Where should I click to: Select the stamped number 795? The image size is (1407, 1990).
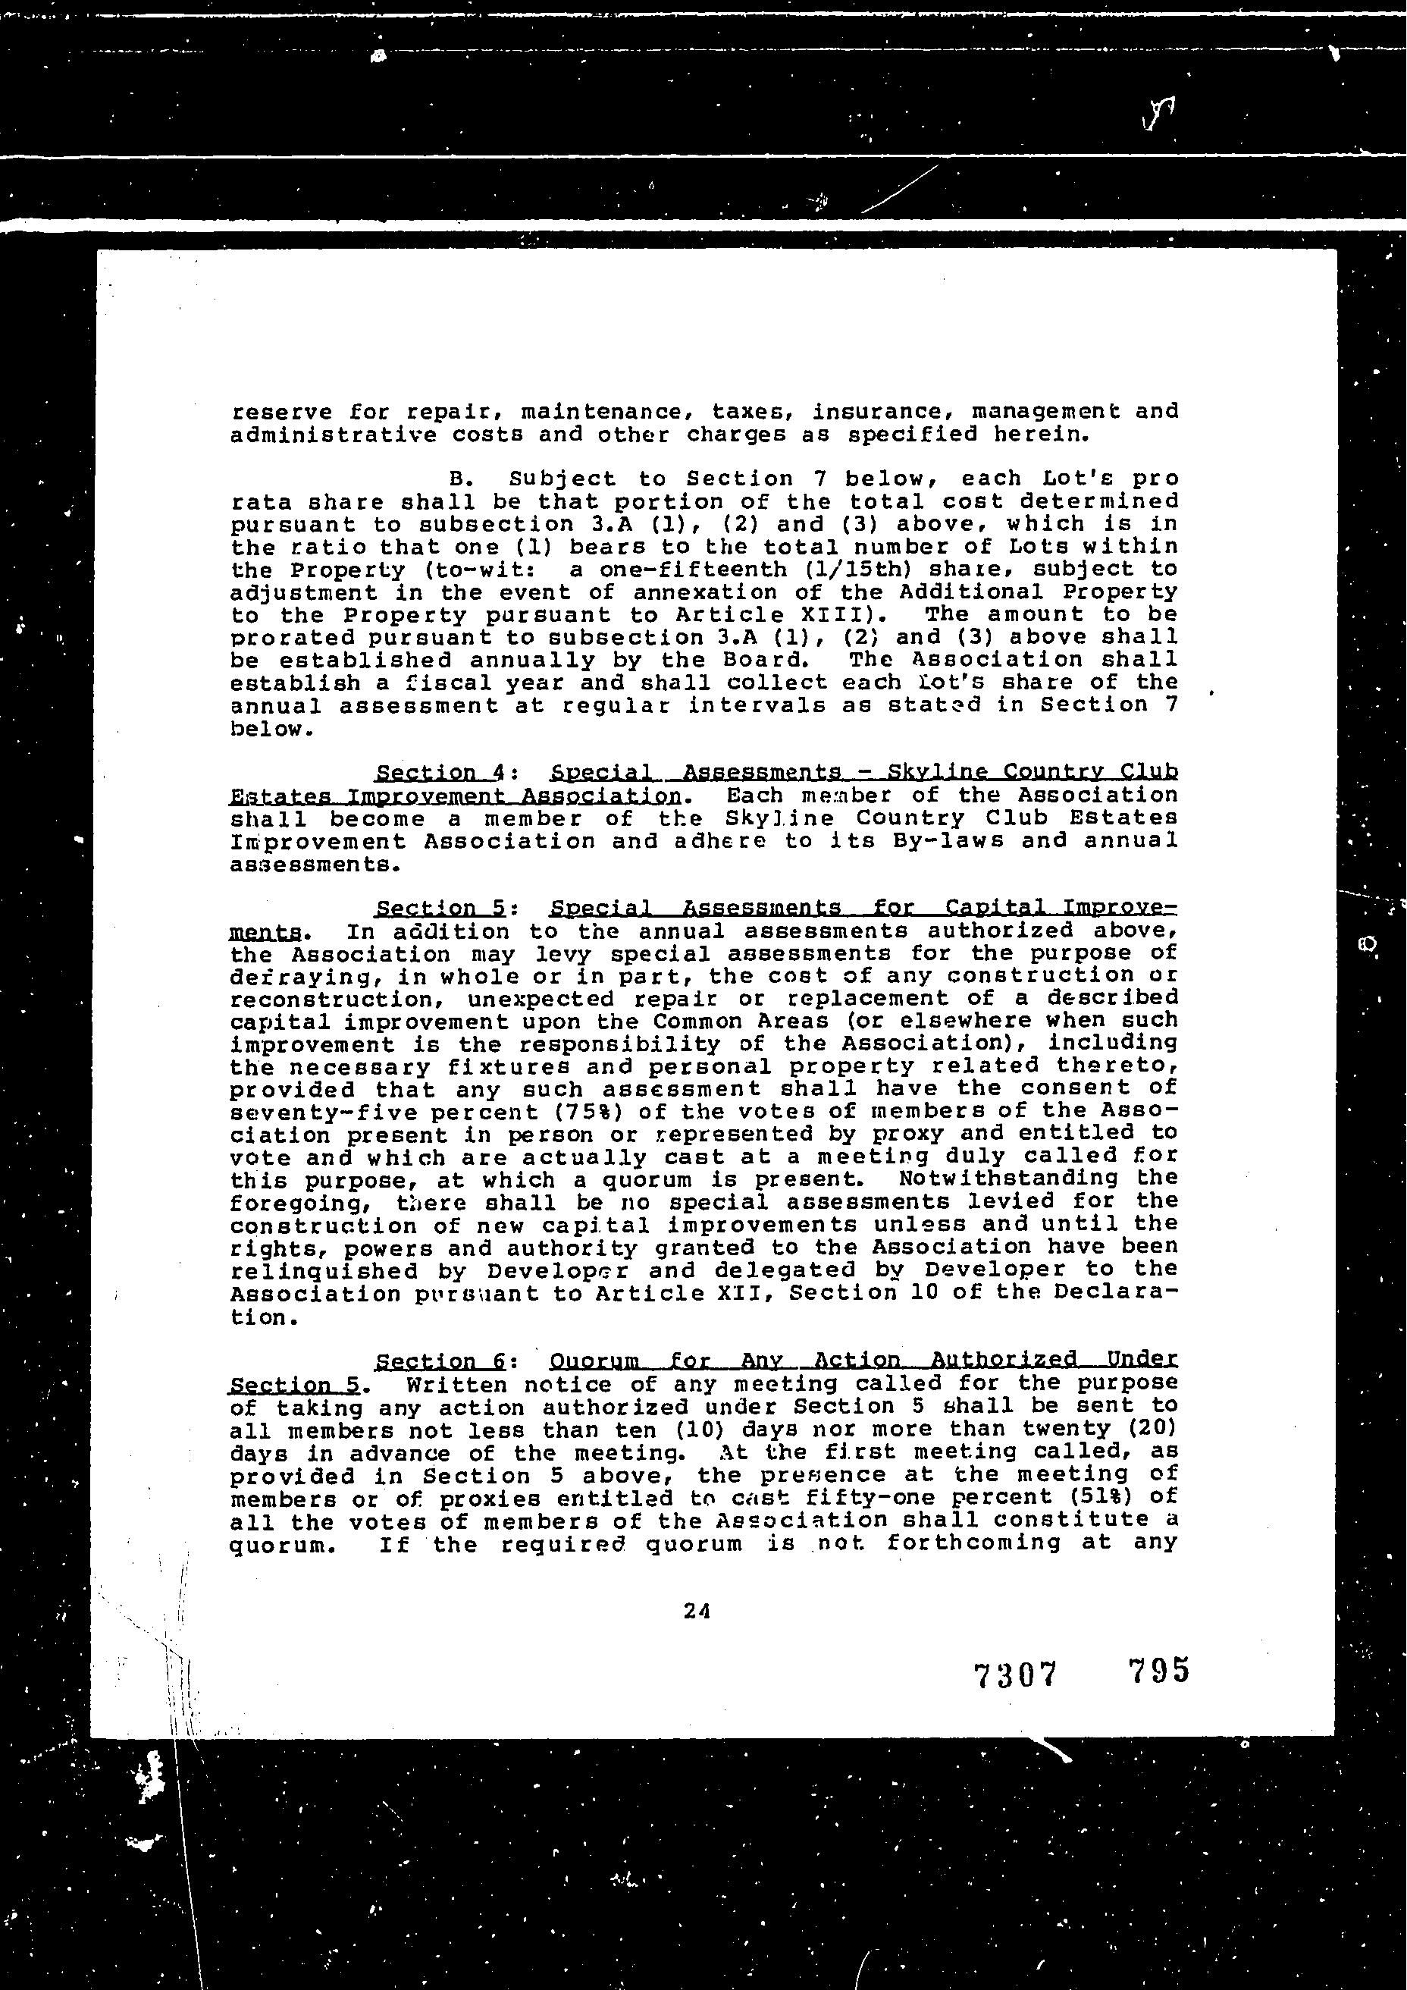(1159, 1670)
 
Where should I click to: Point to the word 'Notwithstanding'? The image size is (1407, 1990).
(1009, 1179)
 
